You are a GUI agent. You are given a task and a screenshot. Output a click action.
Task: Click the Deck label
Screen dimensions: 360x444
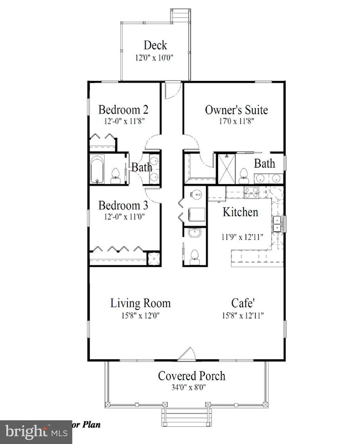point(155,45)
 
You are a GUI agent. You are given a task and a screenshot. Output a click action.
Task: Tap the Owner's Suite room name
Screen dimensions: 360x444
point(236,110)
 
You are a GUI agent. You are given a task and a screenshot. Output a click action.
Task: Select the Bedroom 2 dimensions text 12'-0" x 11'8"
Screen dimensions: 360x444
point(125,121)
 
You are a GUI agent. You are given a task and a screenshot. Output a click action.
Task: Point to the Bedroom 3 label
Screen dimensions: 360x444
point(123,205)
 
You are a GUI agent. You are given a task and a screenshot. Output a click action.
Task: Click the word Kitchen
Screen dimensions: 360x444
point(240,212)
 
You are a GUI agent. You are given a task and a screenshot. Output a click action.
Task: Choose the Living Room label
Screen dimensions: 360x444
point(140,303)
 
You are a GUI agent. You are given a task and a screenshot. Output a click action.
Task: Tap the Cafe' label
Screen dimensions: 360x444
point(243,303)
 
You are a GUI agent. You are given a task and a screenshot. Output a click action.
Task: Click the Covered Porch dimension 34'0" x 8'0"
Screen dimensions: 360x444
point(188,387)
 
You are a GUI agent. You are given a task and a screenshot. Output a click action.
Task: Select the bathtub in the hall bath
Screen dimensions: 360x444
point(97,169)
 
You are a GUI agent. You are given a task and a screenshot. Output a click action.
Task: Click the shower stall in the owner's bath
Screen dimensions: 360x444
point(226,169)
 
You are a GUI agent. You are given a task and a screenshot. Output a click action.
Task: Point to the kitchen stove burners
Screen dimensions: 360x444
point(251,192)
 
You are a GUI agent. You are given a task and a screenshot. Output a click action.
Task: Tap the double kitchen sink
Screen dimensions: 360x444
point(276,224)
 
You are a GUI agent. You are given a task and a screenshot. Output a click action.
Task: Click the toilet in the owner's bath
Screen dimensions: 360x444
point(243,176)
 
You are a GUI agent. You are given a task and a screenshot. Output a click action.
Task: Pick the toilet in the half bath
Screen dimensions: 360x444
point(194,257)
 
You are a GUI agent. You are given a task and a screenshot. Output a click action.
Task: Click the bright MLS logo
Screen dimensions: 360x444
point(36,432)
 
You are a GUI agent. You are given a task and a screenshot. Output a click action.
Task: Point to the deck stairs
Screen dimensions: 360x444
point(181,16)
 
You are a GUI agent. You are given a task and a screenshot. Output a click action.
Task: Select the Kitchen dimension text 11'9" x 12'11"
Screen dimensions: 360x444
point(243,237)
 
